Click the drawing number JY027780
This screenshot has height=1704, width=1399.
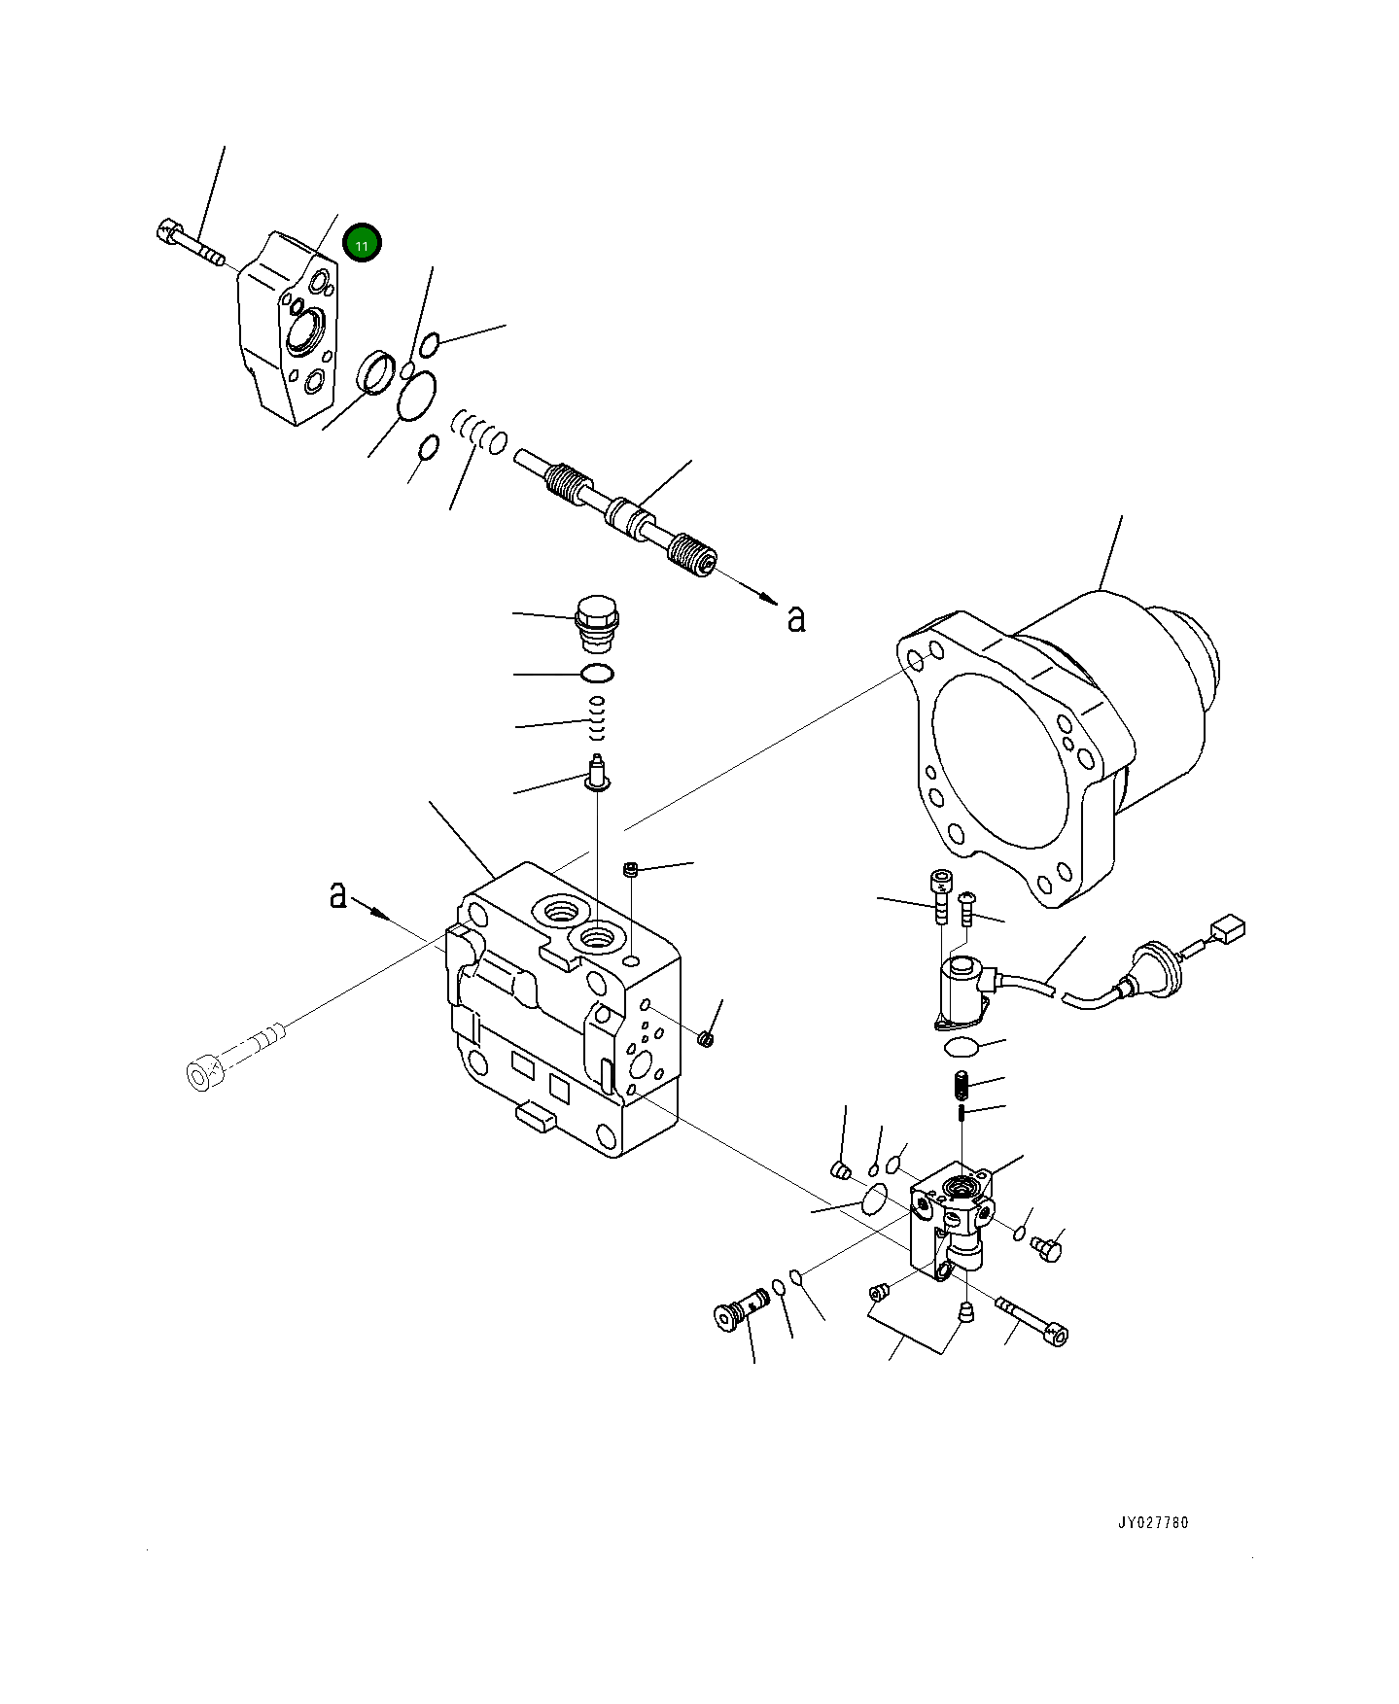1152,1549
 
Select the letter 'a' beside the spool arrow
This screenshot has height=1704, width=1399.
797,617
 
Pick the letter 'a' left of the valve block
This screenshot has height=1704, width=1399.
337,893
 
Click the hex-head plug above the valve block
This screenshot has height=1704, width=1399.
596,623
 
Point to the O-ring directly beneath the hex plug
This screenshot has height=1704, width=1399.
596,673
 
